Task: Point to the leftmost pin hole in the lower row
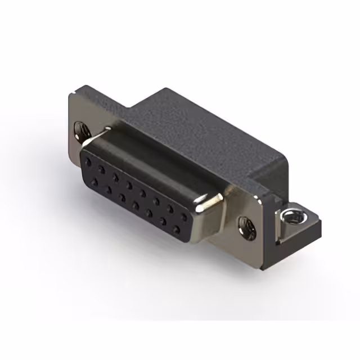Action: click(93, 179)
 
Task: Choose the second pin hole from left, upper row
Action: click(102, 169)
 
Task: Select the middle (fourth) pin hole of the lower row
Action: click(136, 205)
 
